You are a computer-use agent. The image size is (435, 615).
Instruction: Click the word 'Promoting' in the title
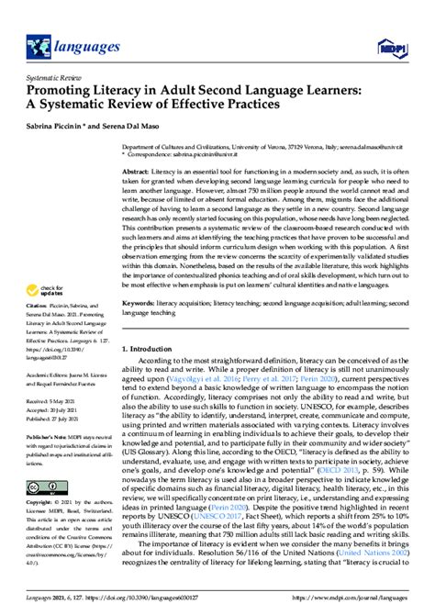(x=61, y=91)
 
